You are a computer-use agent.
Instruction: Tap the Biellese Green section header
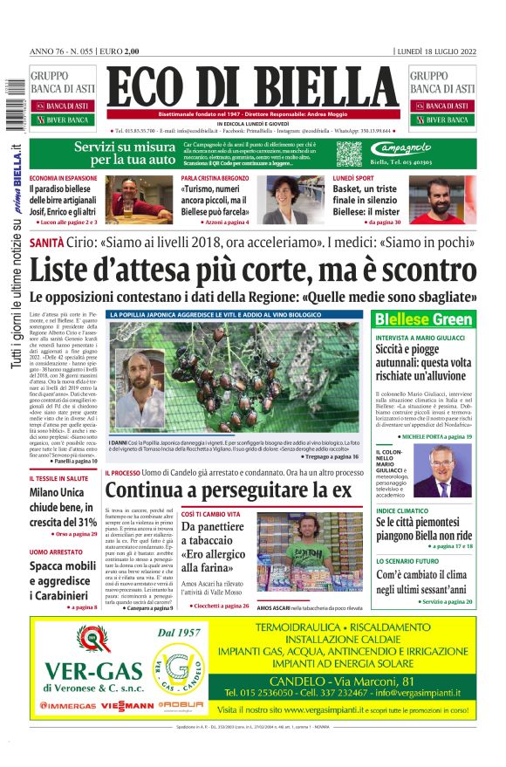423,319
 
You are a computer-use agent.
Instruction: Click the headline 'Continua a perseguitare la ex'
233,490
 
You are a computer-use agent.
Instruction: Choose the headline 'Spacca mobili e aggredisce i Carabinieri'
63,580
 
